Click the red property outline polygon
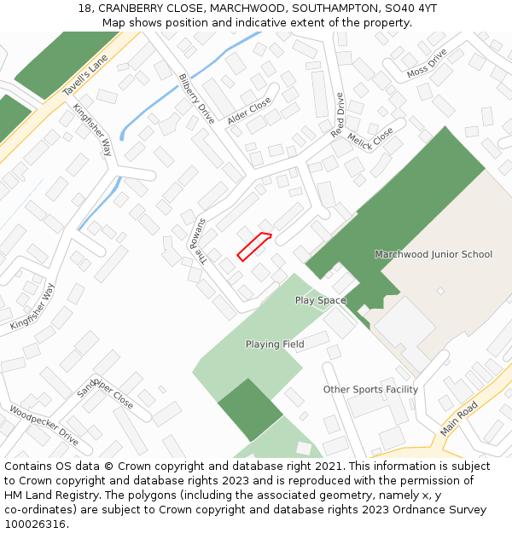[253, 246]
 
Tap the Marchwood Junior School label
[433, 254]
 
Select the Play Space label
[321, 300]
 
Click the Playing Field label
[275, 345]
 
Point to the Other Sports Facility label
[370, 390]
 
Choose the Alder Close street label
[248, 112]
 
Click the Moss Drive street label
[427, 63]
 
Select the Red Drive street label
[337, 115]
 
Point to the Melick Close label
[371, 142]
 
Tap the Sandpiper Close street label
[105, 392]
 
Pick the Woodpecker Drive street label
[44, 426]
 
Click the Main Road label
[459, 420]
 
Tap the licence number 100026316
[35, 524]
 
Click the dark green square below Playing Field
[249, 409]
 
